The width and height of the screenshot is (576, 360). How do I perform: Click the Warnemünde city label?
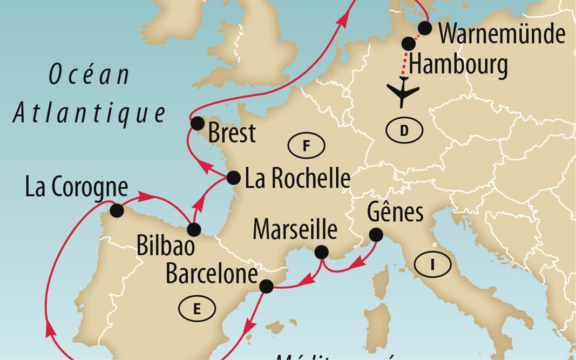pyautogui.click(x=502, y=34)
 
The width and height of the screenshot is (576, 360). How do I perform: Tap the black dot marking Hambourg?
pyautogui.click(x=409, y=44)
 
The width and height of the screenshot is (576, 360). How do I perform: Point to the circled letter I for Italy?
pyautogui.click(x=432, y=264)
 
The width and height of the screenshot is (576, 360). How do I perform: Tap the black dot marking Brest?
pyautogui.click(x=197, y=123)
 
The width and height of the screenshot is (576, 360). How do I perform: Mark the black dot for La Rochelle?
pyautogui.click(x=233, y=177)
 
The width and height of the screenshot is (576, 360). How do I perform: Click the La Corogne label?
pyautogui.click(x=77, y=188)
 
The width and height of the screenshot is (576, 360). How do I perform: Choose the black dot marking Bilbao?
pyautogui.click(x=193, y=229)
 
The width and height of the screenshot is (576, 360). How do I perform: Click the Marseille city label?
pyautogui.click(x=295, y=230)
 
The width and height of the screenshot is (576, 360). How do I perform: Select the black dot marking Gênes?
pyautogui.click(x=375, y=235)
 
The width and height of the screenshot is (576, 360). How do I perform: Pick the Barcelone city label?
pyautogui.click(x=211, y=273)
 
